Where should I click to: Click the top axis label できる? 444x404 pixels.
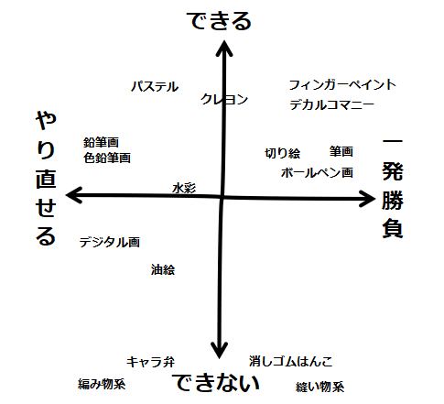[219, 21]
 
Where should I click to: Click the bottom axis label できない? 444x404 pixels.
[216, 383]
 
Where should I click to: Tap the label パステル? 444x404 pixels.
[155, 87]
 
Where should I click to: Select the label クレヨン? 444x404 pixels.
[224, 99]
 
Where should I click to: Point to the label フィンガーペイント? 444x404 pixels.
[342, 84]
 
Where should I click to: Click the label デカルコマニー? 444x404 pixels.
[332, 104]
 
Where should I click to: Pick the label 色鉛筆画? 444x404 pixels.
[107, 158]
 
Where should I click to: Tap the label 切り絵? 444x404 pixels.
[283, 153]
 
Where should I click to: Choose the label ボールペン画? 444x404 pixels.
[317, 173]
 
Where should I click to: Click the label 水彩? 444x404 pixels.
[184, 188]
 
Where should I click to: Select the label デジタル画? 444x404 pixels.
[110, 243]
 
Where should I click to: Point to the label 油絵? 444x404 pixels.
[163, 269]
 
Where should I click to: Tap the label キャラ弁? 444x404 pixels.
[151, 362]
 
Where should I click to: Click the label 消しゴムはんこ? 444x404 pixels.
[290, 362]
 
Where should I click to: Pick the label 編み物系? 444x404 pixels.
[102, 384]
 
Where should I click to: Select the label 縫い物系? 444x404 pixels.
[320, 388]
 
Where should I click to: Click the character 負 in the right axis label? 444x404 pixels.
[393, 228]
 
